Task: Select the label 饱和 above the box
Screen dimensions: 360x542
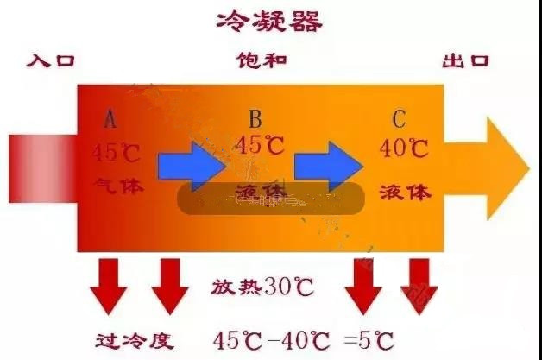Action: pos(262,61)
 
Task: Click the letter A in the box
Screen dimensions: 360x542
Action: pos(110,117)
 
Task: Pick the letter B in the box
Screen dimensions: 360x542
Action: pos(255,117)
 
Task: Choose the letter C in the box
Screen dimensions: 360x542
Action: pos(398,117)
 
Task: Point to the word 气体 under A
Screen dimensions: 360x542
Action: pos(117,186)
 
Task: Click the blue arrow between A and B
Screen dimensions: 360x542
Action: pos(192,165)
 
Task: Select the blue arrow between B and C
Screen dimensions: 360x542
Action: pos(329,164)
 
